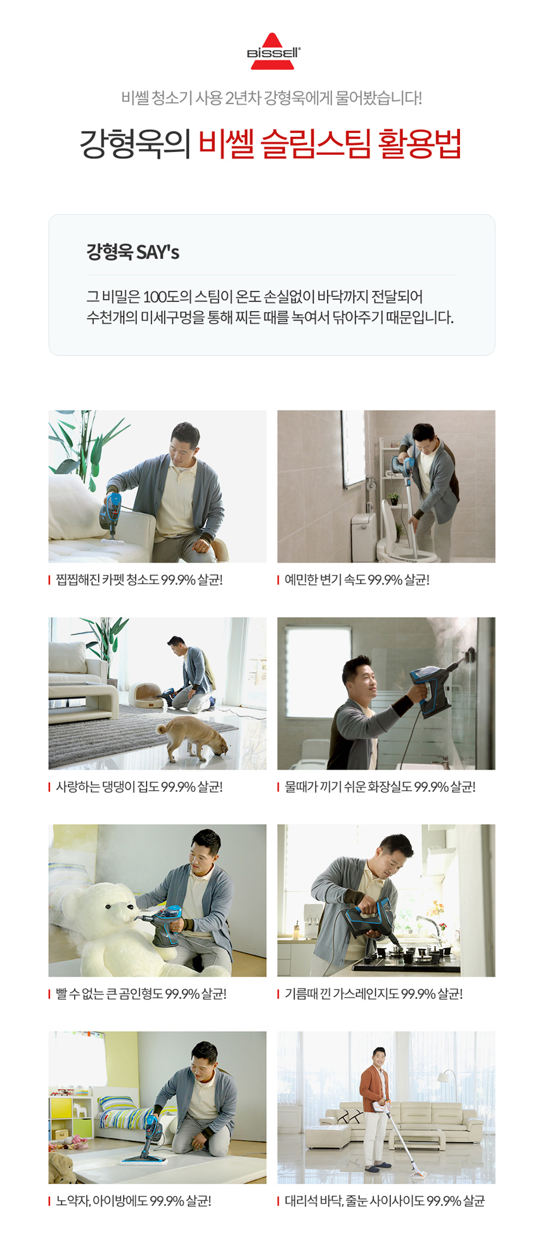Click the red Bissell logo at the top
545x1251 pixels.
(x=274, y=51)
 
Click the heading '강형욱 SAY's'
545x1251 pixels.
(x=133, y=252)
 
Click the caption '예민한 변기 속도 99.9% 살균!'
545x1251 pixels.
(x=357, y=580)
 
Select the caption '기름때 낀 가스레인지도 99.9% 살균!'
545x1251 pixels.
(x=374, y=994)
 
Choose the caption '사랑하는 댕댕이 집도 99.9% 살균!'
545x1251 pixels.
(x=139, y=787)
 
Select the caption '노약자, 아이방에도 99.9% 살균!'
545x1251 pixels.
(x=134, y=1202)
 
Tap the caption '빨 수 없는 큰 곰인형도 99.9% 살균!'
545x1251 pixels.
(x=141, y=994)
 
